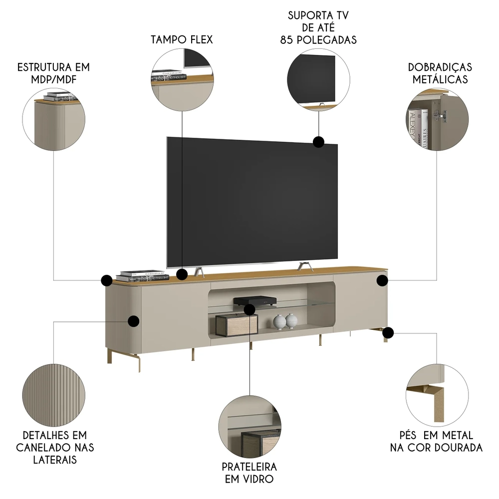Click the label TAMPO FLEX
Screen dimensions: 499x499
pos(182,39)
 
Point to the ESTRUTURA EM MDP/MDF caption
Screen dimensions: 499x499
pos(53,73)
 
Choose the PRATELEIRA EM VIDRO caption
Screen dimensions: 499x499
pos(249,473)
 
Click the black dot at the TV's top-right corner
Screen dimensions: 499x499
pos(318,142)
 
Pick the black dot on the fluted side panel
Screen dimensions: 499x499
pos(133,321)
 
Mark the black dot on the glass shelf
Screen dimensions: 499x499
pos(249,309)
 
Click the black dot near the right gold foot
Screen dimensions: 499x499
pos(388,332)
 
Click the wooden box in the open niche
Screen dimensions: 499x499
pos(237,325)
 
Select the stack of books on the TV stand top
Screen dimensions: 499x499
pos(140,276)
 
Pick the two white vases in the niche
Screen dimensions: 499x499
pos(285,321)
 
